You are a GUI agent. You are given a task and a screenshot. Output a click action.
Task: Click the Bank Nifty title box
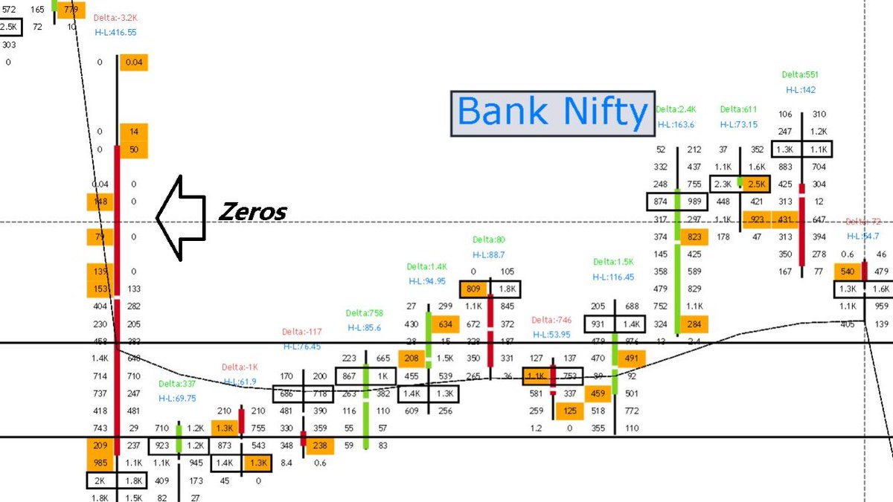(551, 113)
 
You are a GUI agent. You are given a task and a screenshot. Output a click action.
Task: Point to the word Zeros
(252, 212)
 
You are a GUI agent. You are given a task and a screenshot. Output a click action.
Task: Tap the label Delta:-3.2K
(115, 18)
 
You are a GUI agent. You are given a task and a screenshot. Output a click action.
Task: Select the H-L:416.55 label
(115, 33)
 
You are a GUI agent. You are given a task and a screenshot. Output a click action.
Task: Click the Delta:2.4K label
(676, 109)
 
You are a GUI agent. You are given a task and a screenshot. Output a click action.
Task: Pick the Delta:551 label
(800, 74)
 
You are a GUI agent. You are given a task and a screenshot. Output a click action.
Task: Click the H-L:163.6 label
(676, 124)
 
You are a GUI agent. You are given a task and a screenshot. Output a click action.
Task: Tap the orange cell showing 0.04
(134, 62)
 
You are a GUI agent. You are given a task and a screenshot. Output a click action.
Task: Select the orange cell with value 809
(473, 289)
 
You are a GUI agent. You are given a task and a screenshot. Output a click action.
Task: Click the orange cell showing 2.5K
(755, 184)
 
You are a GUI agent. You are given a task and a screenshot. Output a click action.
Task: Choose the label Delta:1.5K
(613, 262)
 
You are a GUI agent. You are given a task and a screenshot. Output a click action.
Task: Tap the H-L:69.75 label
(178, 399)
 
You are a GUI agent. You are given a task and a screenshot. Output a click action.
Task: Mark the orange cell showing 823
(694, 237)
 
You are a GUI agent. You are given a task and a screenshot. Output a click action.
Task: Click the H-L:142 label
(800, 89)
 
